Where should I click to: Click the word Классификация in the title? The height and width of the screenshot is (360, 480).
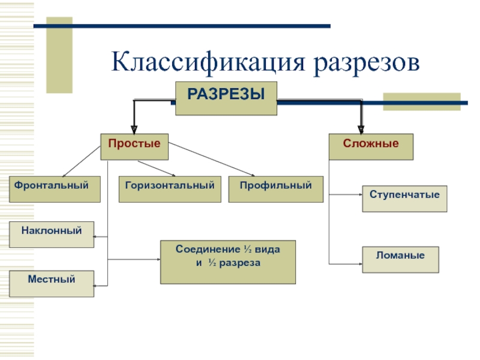[x=208, y=63]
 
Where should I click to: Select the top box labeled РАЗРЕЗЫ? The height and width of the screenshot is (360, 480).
[x=226, y=98]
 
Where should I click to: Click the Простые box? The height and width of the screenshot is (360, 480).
[x=134, y=146]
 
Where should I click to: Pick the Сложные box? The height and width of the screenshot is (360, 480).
[x=371, y=146]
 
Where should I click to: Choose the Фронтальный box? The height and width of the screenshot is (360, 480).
[x=55, y=189]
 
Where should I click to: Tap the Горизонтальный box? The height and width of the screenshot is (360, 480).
[x=170, y=189]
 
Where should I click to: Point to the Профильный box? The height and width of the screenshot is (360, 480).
[x=276, y=189]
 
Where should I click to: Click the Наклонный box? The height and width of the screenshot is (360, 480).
[x=52, y=235]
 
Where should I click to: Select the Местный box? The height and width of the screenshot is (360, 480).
[x=52, y=283]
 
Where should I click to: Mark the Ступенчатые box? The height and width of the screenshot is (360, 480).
[x=404, y=199]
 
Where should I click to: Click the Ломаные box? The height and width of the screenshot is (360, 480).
[x=400, y=260]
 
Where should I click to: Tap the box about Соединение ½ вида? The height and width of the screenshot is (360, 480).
[x=228, y=262]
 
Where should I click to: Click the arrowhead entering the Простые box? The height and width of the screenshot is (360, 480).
[x=134, y=130]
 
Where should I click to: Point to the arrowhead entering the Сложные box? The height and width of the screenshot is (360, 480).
[x=361, y=130]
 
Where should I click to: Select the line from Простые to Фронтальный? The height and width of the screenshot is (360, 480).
[x=82, y=161]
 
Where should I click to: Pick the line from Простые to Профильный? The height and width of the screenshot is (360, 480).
[x=211, y=159]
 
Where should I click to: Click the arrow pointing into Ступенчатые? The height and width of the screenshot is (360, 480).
[x=346, y=194]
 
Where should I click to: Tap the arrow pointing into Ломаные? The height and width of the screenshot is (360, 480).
[x=346, y=264]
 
